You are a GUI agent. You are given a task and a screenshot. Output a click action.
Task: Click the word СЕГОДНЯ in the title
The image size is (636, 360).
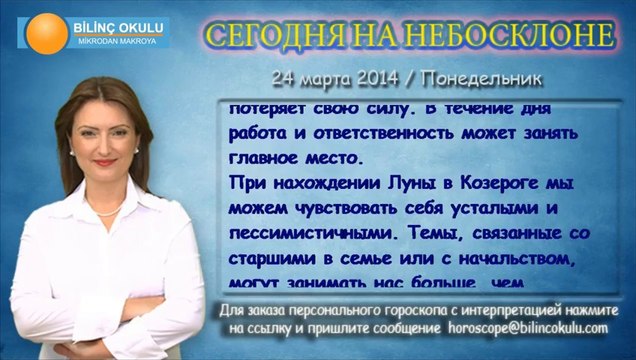[275, 35]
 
